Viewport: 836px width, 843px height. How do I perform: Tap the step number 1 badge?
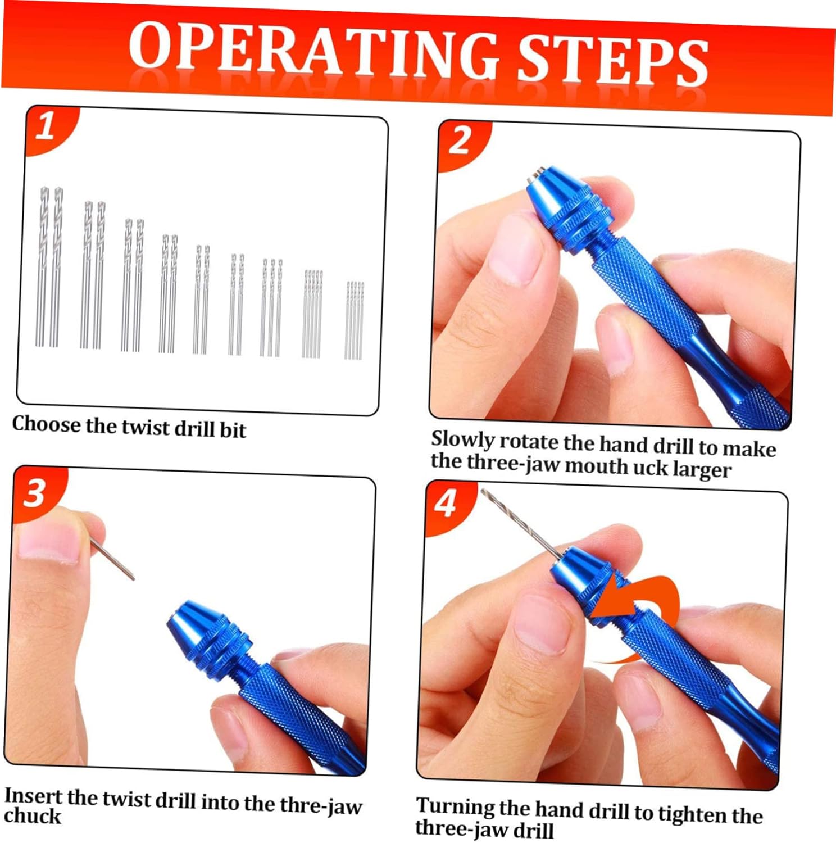(x=46, y=126)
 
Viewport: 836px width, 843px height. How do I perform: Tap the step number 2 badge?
(x=460, y=140)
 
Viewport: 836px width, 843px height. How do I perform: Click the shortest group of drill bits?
(x=355, y=320)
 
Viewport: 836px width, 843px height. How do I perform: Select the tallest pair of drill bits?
(x=49, y=267)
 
